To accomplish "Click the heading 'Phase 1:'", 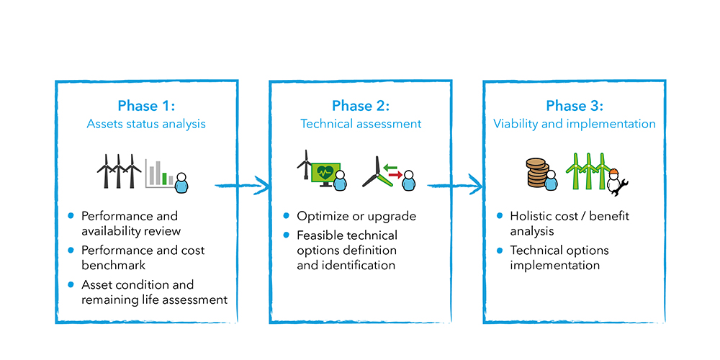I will [x=146, y=106].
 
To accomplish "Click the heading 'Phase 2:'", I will [x=361, y=106].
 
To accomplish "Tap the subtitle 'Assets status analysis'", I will [x=146, y=124].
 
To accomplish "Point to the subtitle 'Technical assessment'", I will [x=361, y=124].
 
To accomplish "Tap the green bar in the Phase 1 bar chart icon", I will [x=165, y=179].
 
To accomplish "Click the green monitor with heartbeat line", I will [x=325, y=173].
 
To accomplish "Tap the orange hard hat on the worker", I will [x=614, y=172].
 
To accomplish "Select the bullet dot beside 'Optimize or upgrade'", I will [x=286, y=216].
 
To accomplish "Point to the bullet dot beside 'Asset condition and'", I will [x=71, y=285].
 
